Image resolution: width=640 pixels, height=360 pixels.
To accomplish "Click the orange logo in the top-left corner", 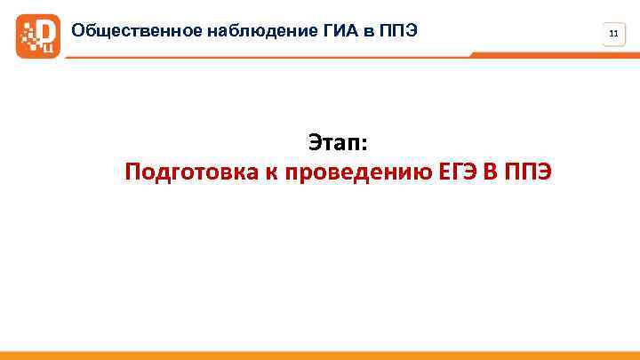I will tap(38, 36).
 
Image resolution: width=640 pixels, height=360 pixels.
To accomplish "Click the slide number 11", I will tap(613, 35).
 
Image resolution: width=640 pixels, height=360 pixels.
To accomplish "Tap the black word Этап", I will tap(337, 141).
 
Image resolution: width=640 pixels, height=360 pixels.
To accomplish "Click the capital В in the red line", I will tap(491, 172).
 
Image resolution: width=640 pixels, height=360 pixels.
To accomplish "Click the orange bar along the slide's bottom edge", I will tap(320, 356).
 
